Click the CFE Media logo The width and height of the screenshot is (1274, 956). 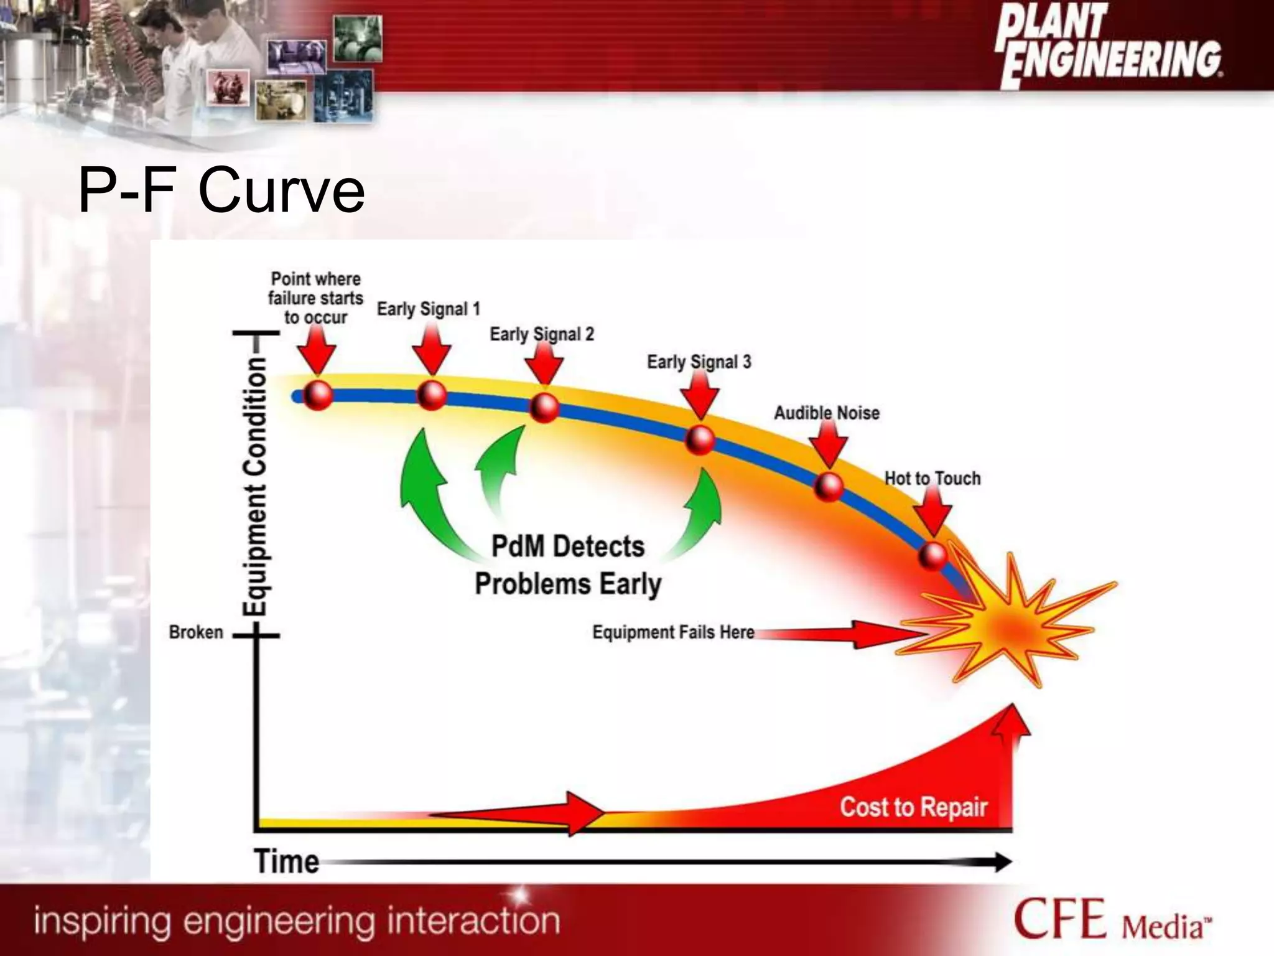coord(1112,920)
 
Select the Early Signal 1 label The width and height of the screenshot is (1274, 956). coord(428,309)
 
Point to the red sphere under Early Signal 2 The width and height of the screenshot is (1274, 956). coord(544,408)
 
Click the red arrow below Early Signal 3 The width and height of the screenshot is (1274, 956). coord(699,396)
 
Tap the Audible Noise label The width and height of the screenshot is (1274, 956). coord(826,413)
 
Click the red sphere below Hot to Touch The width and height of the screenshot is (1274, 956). coord(932,556)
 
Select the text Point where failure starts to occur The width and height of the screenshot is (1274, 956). coord(315,298)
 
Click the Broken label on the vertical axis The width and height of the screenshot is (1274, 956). coord(196,632)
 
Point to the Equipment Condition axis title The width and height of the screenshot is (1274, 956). coord(255,486)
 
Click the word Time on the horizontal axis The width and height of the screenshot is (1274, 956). coord(286,863)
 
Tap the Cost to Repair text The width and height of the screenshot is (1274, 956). coord(913,807)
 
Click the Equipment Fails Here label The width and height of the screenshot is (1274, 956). coord(673,632)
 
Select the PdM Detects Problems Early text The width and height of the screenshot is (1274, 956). coord(567,565)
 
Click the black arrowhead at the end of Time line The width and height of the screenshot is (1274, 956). coord(1002,862)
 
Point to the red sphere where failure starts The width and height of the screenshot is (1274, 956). coord(318,395)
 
